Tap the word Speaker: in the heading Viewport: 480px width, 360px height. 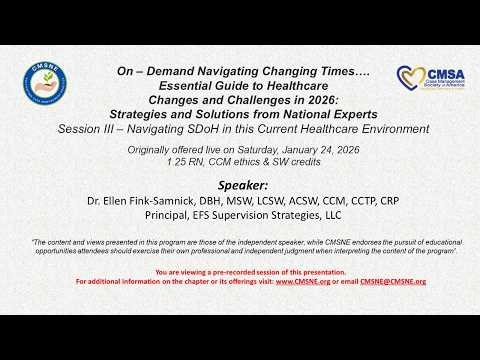point(240,186)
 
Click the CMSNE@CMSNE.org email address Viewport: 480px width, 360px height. point(386,282)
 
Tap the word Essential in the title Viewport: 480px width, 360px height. point(165,85)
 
